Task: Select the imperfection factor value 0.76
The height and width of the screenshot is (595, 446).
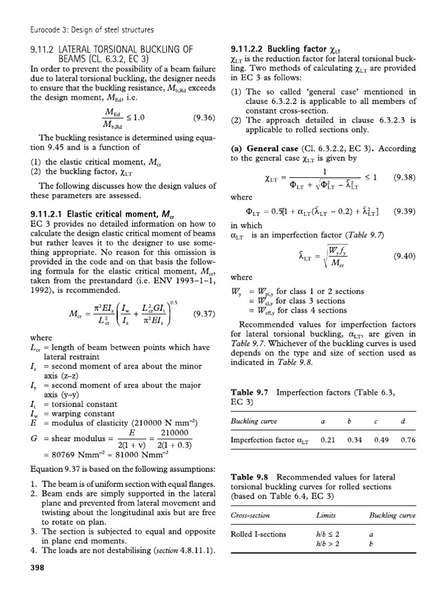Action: (408, 440)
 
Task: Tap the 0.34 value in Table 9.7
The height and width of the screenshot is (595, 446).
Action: (355, 440)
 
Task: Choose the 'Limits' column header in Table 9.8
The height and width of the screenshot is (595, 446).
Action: (325, 515)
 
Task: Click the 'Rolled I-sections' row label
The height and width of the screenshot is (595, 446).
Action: (258, 535)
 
